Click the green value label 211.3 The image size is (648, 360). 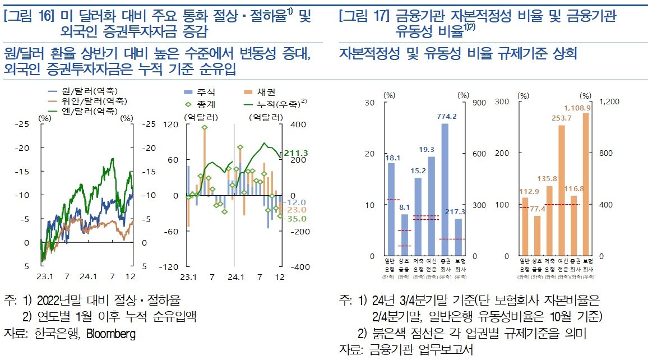(297, 153)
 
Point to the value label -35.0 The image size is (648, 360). (295, 218)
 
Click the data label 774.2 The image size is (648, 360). (445, 117)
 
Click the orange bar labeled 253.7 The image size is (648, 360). (561, 191)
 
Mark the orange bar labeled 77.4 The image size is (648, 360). (537, 236)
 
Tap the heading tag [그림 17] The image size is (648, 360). (363, 17)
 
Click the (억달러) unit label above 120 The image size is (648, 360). (201, 117)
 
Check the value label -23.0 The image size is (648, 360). (295, 210)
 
